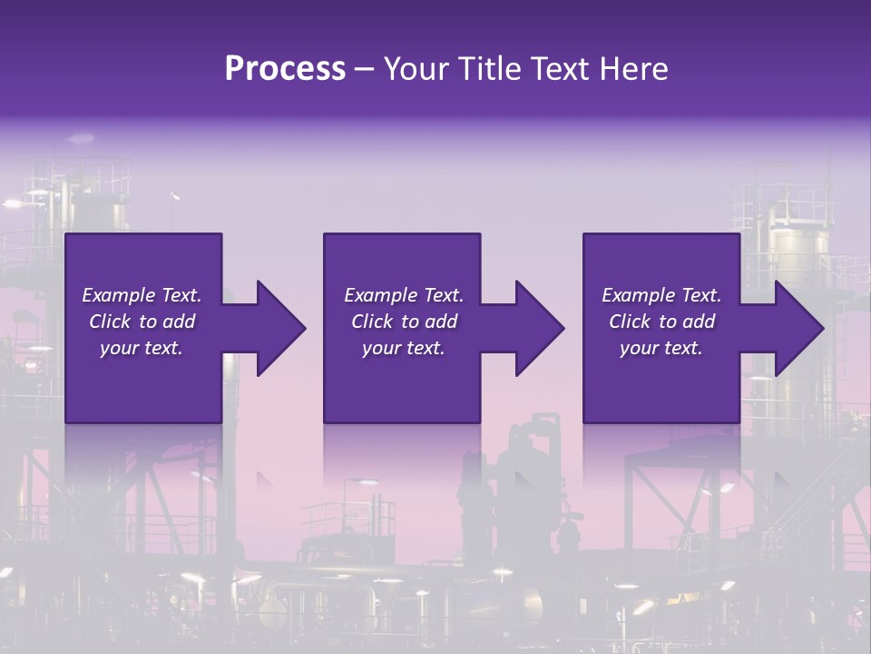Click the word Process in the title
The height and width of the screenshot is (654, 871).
click(285, 69)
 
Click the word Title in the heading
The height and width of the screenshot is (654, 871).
click(489, 69)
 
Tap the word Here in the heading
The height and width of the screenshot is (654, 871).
click(633, 69)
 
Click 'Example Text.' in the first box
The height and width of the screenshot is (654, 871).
click(142, 295)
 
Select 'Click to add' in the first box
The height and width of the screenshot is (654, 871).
click(142, 322)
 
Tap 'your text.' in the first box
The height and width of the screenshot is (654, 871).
click(142, 348)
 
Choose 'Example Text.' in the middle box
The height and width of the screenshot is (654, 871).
click(403, 295)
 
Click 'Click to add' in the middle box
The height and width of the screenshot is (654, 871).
click(403, 322)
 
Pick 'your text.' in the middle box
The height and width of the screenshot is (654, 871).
click(403, 348)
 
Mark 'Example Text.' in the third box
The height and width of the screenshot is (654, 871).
click(661, 295)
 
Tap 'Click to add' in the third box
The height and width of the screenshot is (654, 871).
click(661, 322)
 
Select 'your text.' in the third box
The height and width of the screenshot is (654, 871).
click(661, 348)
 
